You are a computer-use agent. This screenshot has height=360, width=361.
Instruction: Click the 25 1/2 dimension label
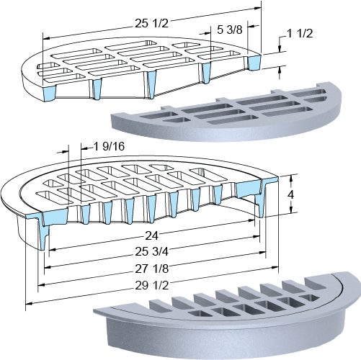[151, 24]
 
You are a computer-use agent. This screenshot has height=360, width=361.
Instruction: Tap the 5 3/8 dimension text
[230, 30]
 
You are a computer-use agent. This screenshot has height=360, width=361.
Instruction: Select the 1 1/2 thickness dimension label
[300, 34]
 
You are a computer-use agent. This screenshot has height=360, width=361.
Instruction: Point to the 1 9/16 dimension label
[109, 146]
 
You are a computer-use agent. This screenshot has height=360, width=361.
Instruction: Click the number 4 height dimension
[291, 194]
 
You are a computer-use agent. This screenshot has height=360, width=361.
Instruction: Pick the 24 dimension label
[152, 236]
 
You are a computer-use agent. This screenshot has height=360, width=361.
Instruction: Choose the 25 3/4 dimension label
[151, 251]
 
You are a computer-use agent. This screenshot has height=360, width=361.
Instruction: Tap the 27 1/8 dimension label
[151, 269]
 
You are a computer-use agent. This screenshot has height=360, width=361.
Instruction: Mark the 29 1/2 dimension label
[152, 286]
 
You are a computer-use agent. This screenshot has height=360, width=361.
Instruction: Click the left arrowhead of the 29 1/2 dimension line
[28, 304]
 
